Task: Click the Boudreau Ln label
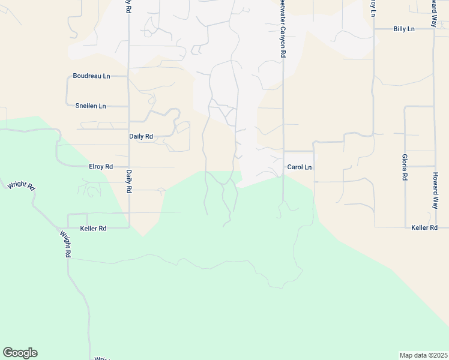pos(91,76)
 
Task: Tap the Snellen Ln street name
pos(91,106)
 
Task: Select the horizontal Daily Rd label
pos(141,136)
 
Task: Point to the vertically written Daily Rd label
pos(129,181)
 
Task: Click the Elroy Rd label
pos(101,166)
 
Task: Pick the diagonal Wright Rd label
pos(22,185)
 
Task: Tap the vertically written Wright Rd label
pos(64,245)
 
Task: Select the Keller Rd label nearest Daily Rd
pos(93,229)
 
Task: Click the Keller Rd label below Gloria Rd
pos(424,228)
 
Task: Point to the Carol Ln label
pos(300,167)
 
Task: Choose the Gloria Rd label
pos(405,167)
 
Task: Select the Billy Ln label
pos(404,29)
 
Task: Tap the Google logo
pos(20,353)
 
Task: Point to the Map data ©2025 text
pos(424,355)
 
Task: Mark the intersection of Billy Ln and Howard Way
pos(433,29)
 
